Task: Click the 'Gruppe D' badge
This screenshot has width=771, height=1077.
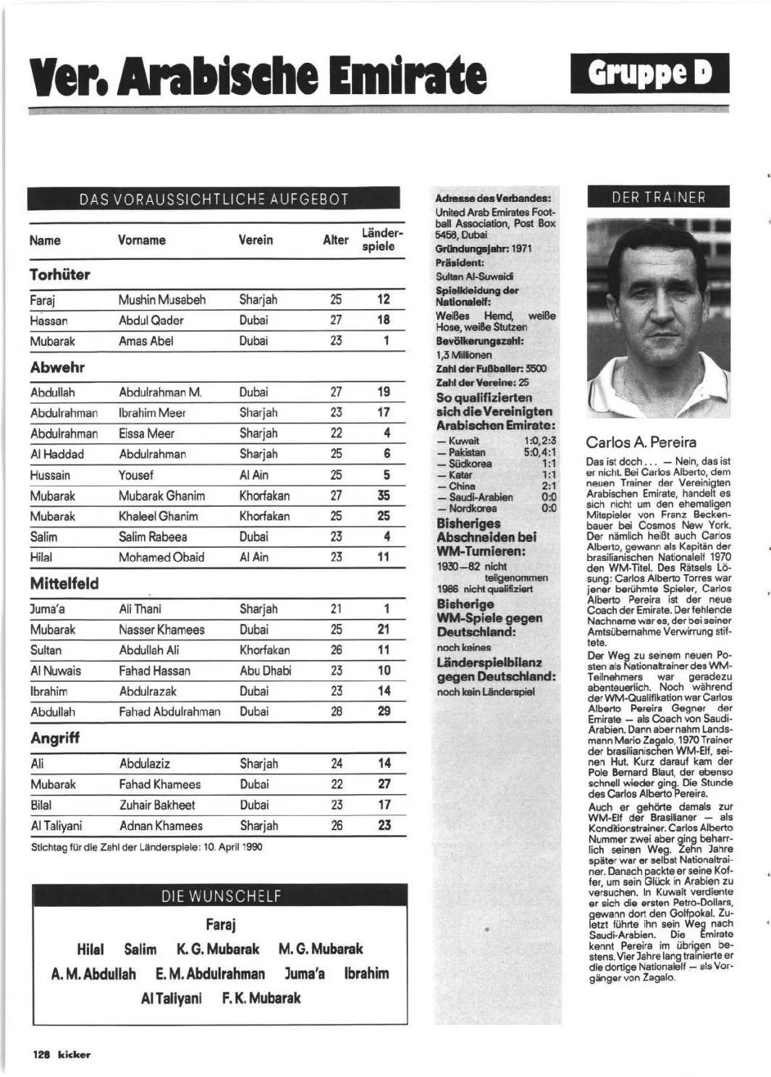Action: coord(649,73)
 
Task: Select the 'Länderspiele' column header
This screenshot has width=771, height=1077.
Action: coord(378,240)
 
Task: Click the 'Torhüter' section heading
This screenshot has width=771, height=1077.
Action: coord(60,274)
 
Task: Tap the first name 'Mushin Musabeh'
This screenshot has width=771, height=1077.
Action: coord(162,300)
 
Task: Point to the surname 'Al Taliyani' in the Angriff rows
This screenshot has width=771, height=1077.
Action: coord(56,826)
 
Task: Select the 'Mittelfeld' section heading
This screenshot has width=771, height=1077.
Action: coord(64,583)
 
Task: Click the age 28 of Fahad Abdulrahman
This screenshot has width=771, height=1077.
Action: coord(337,711)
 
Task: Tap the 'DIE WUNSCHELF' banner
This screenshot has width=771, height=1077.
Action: coord(220,896)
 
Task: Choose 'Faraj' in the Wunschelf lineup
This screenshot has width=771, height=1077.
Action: coord(220,924)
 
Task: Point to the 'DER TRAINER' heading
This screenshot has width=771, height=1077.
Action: coord(658,197)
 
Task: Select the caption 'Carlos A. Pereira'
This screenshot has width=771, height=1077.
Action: coord(641,442)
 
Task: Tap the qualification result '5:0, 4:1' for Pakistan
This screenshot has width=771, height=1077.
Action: coord(539,452)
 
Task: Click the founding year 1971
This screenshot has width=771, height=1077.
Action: coord(521,248)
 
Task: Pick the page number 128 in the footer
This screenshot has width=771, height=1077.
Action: coord(41,1055)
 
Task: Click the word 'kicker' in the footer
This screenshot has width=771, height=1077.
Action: coord(74,1055)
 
